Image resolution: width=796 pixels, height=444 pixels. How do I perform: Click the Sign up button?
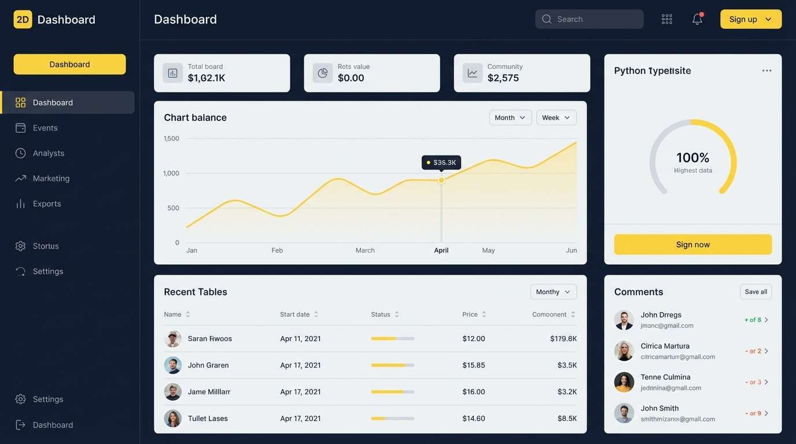tap(750, 19)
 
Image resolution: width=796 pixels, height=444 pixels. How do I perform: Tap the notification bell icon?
tap(697, 19)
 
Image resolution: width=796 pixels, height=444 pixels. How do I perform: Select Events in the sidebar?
tap(45, 128)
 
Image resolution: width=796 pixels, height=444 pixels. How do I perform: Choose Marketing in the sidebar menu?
tap(51, 179)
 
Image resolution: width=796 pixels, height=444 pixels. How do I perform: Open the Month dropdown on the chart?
tap(510, 117)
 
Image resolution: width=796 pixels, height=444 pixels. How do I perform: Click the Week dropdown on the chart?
tap(556, 117)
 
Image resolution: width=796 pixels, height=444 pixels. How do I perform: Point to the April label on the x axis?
tap(441, 250)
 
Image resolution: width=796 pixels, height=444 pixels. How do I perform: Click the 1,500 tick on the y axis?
tap(171, 139)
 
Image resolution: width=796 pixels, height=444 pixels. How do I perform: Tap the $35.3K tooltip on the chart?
tap(441, 162)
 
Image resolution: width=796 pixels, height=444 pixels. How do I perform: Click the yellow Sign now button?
tap(692, 245)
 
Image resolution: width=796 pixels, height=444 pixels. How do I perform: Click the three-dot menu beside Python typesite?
tap(766, 71)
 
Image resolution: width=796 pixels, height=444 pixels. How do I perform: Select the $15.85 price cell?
tap(473, 365)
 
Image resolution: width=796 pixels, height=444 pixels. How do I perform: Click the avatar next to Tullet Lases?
tap(172, 419)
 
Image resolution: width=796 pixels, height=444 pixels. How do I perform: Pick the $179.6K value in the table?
tap(563, 339)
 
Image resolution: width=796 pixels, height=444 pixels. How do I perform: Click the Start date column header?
tap(295, 314)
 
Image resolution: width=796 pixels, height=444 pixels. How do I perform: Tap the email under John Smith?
tap(677, 419)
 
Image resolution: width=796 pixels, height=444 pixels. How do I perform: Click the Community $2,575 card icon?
tap(473, 73)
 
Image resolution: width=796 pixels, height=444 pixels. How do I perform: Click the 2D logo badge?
tap(23, 20)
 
